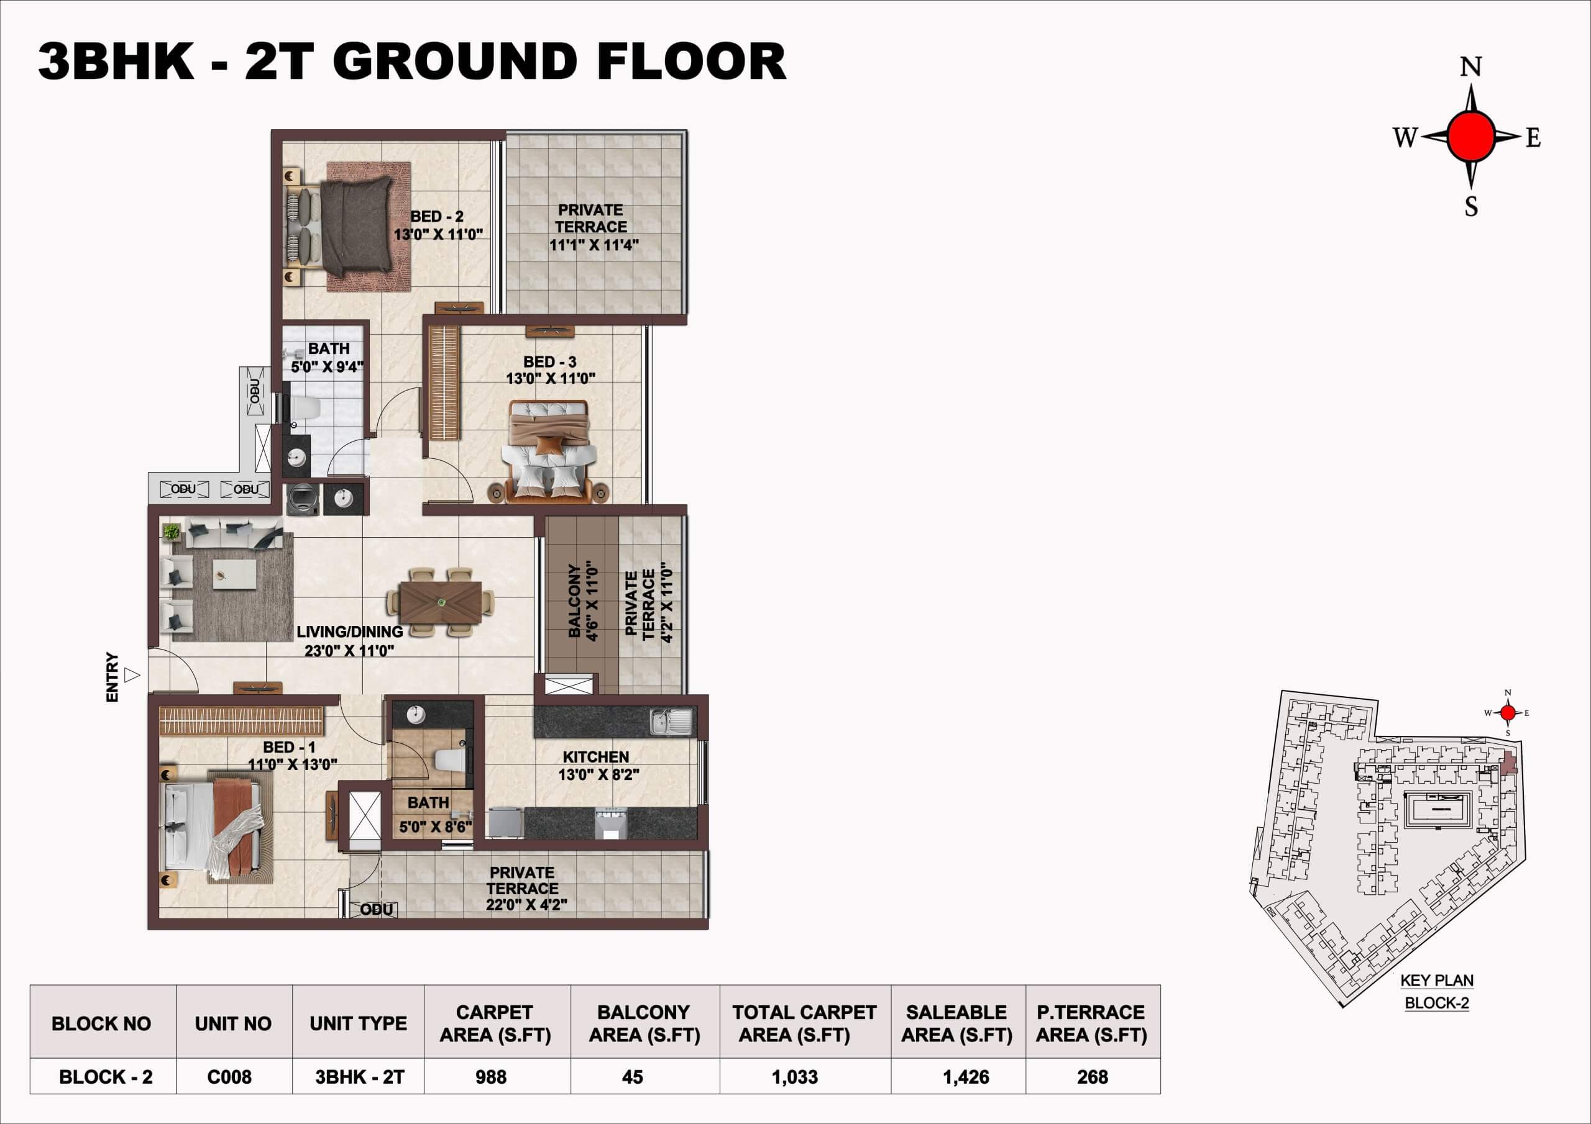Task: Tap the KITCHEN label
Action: pos(595,757)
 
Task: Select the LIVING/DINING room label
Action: pos(349,632)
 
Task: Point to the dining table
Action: pos(442,602)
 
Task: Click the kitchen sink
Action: pos(671,722)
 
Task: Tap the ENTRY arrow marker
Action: pos(132,674)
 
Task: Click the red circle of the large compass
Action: pos(1471,136)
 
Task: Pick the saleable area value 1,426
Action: pos(966,1077)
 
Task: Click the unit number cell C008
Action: pos(229,1077)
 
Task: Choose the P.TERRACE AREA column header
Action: pos(1091,1023)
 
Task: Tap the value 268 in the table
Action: pos(1092,1077)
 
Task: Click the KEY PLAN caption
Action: pos(1437,980)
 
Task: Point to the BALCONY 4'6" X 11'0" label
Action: pos(583,601)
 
